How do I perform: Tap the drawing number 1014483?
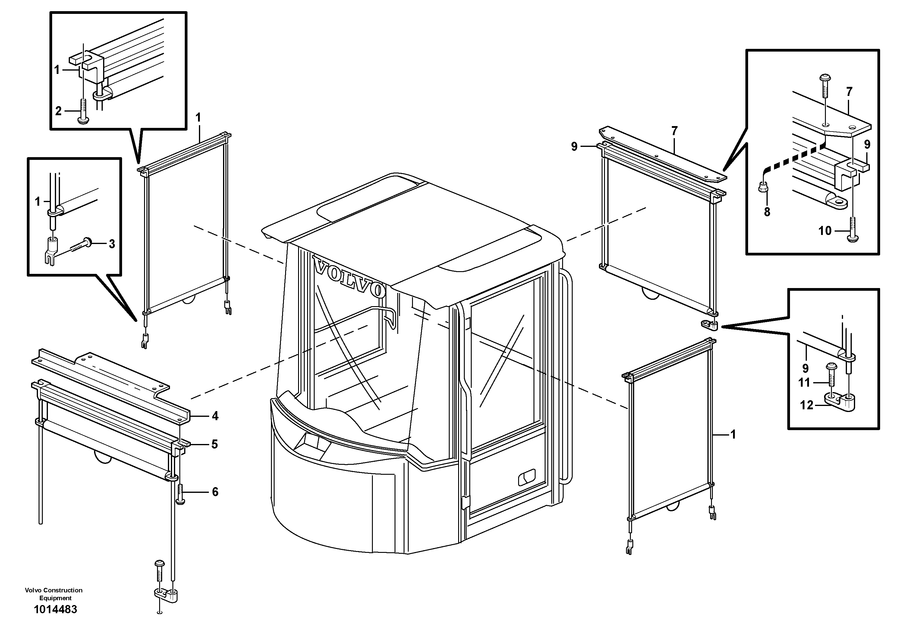pos(55,609)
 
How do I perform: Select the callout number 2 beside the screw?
pos(58,111)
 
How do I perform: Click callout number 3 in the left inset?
pos(112,244)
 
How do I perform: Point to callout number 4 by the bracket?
pos(215,416)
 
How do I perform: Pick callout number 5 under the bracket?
pos(215,444)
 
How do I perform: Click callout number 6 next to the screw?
pos(215,491)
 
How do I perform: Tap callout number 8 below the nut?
pos(767,212)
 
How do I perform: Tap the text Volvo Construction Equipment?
pos(54,594)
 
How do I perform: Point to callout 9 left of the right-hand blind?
pos(574,147)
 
